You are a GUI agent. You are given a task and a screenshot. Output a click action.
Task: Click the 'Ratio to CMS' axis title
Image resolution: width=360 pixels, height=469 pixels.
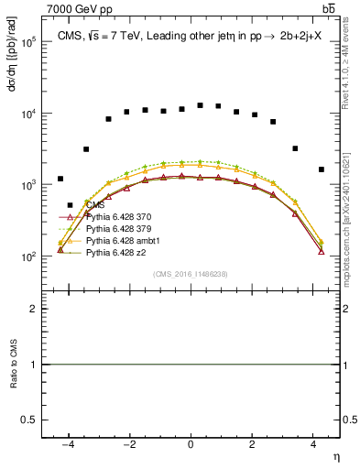click(x=14, y=365)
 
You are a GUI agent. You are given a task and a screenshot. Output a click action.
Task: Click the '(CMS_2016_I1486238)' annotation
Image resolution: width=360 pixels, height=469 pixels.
click(x=191, y=273)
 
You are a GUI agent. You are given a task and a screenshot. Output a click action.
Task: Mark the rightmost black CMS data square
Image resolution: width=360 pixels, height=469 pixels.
click(x=321, y=169)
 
